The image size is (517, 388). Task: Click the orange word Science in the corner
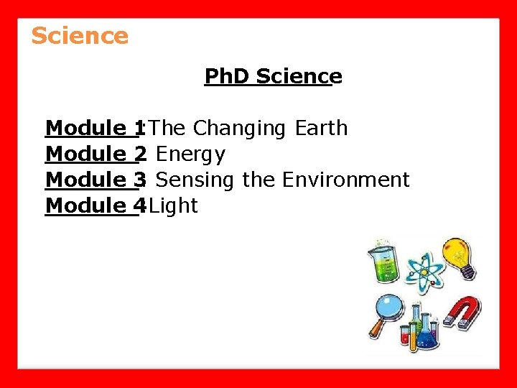point(80,35)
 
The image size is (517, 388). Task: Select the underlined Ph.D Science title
point(273,76)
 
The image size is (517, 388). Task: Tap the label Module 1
point(94,129)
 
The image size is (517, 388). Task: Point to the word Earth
point(321,129)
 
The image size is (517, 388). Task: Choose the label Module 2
point(94,154)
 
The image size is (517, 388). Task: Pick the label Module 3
point(94,180)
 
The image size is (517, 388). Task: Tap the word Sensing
point(195,180)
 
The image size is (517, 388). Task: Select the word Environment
point(345,180)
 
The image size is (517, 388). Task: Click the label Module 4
point(94,205)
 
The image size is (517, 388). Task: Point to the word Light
point(173,205)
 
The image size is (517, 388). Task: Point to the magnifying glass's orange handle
point(376,329)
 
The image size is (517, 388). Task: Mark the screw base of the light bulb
point(467,272)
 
